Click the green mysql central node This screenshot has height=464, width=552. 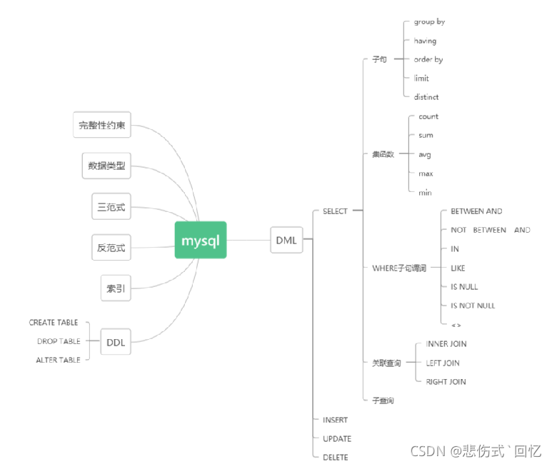tap(201, 240)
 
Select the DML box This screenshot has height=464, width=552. tap(286, 241)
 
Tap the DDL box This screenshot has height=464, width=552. tap(116, 342)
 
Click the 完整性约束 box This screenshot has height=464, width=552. tap(103, 126)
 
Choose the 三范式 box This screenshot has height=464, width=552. tap(111, 208)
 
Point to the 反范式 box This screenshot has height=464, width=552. tap(111, 248)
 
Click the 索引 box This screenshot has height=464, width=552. tap(116, 288)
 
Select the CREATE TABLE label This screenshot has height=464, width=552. tap(54, 323)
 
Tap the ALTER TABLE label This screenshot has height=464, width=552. tap(58, 360)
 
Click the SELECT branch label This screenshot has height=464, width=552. tap(335, 211)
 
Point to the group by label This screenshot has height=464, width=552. tap(429, 22)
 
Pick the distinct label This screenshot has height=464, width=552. tap(426, 97)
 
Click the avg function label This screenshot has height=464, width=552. tap(425, 154)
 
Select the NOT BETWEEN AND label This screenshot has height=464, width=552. tap(490, 230)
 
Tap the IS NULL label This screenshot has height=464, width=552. tap(464, 287)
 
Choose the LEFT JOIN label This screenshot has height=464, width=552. tap(443, 363)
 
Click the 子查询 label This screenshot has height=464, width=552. tap(383, 400)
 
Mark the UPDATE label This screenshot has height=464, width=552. tap(337, 438)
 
